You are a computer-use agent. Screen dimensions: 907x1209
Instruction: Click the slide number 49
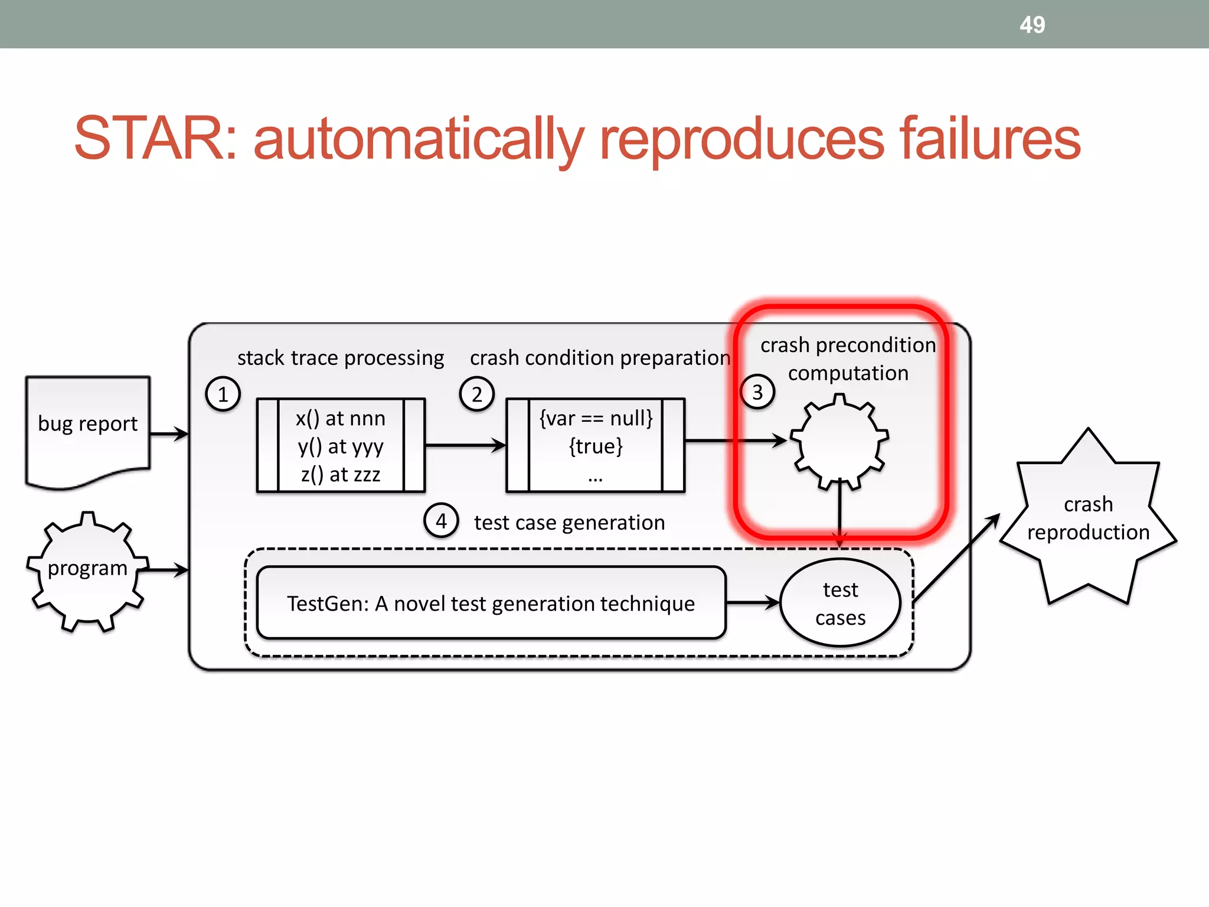[1032, 25]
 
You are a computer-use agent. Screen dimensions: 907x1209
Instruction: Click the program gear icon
[87, 570]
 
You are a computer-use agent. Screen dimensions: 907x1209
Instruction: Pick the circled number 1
[223, 394]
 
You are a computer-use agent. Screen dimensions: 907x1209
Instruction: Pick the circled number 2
[476, 394]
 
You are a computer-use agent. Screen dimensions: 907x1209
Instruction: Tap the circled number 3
[757, 392]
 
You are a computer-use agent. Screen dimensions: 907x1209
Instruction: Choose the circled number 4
[441, 521]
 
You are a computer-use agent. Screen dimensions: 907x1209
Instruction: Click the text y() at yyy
[341, 446]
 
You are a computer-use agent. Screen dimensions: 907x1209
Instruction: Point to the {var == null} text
[596, 418]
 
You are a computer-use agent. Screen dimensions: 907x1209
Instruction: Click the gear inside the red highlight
[839, 442]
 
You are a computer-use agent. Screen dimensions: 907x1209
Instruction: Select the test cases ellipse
[840, 603]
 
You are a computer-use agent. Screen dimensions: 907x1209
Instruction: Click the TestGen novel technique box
[491, 603]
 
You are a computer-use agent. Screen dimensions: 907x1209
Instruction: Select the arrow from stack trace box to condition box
[465, 445]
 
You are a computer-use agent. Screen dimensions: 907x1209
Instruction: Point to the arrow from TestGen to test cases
[752, 603]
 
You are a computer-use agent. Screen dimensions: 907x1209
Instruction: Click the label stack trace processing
[341, 358]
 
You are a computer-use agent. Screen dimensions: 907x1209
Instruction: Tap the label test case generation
[569, 523]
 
